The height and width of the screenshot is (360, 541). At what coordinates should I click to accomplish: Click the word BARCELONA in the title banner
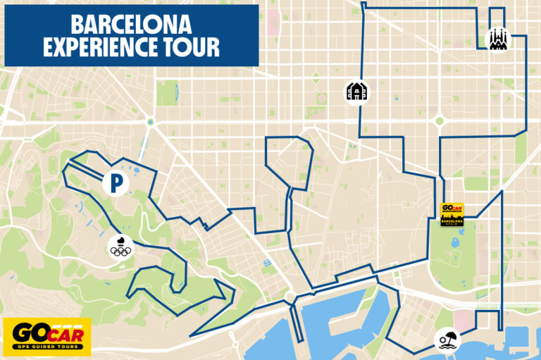(131, 24)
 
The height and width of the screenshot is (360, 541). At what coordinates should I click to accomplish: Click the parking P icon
(116, 183)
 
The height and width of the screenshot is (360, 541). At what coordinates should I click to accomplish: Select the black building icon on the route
(356, 92)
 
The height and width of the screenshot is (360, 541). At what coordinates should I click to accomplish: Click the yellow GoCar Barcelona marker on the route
(452, 214)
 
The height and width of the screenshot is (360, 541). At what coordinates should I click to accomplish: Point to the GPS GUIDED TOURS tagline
(46, 347)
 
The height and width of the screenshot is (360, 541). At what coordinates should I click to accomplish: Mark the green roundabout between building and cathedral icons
(440, 120)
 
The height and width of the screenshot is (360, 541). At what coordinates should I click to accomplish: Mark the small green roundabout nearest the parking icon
(150, 122)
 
